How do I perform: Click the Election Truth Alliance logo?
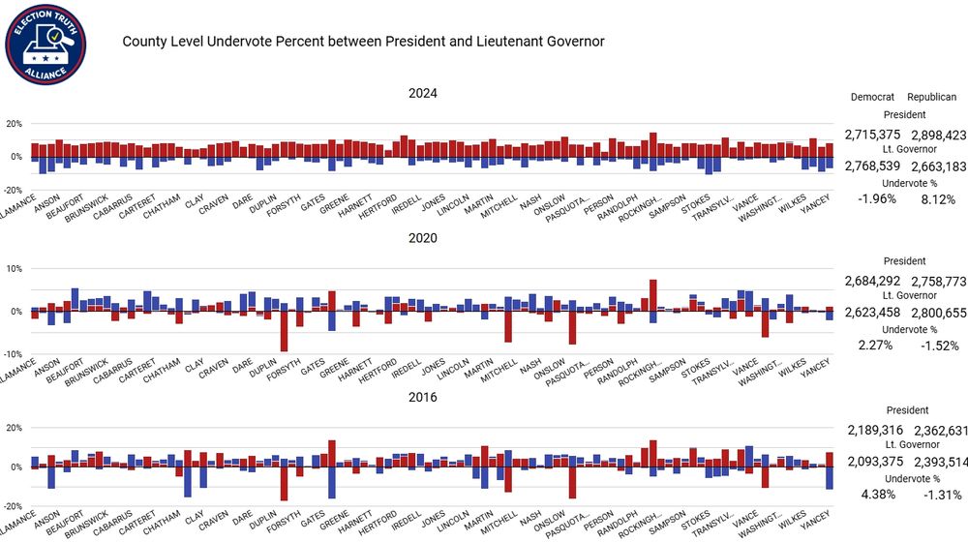[46, 43]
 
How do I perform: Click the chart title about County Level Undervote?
[363, 42]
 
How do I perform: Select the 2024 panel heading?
[422, 94]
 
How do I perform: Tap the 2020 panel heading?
[422, 238]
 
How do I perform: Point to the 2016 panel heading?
[422, 397]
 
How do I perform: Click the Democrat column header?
[872, 98]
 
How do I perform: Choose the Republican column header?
[931, 98]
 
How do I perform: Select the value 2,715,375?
[872, 135]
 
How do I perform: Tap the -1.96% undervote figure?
[875, 199]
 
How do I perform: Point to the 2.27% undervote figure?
[875, 345]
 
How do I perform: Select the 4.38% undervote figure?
[875, 494]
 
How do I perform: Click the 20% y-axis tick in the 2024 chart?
[14, 124]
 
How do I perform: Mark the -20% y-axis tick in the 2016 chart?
[14, 506]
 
